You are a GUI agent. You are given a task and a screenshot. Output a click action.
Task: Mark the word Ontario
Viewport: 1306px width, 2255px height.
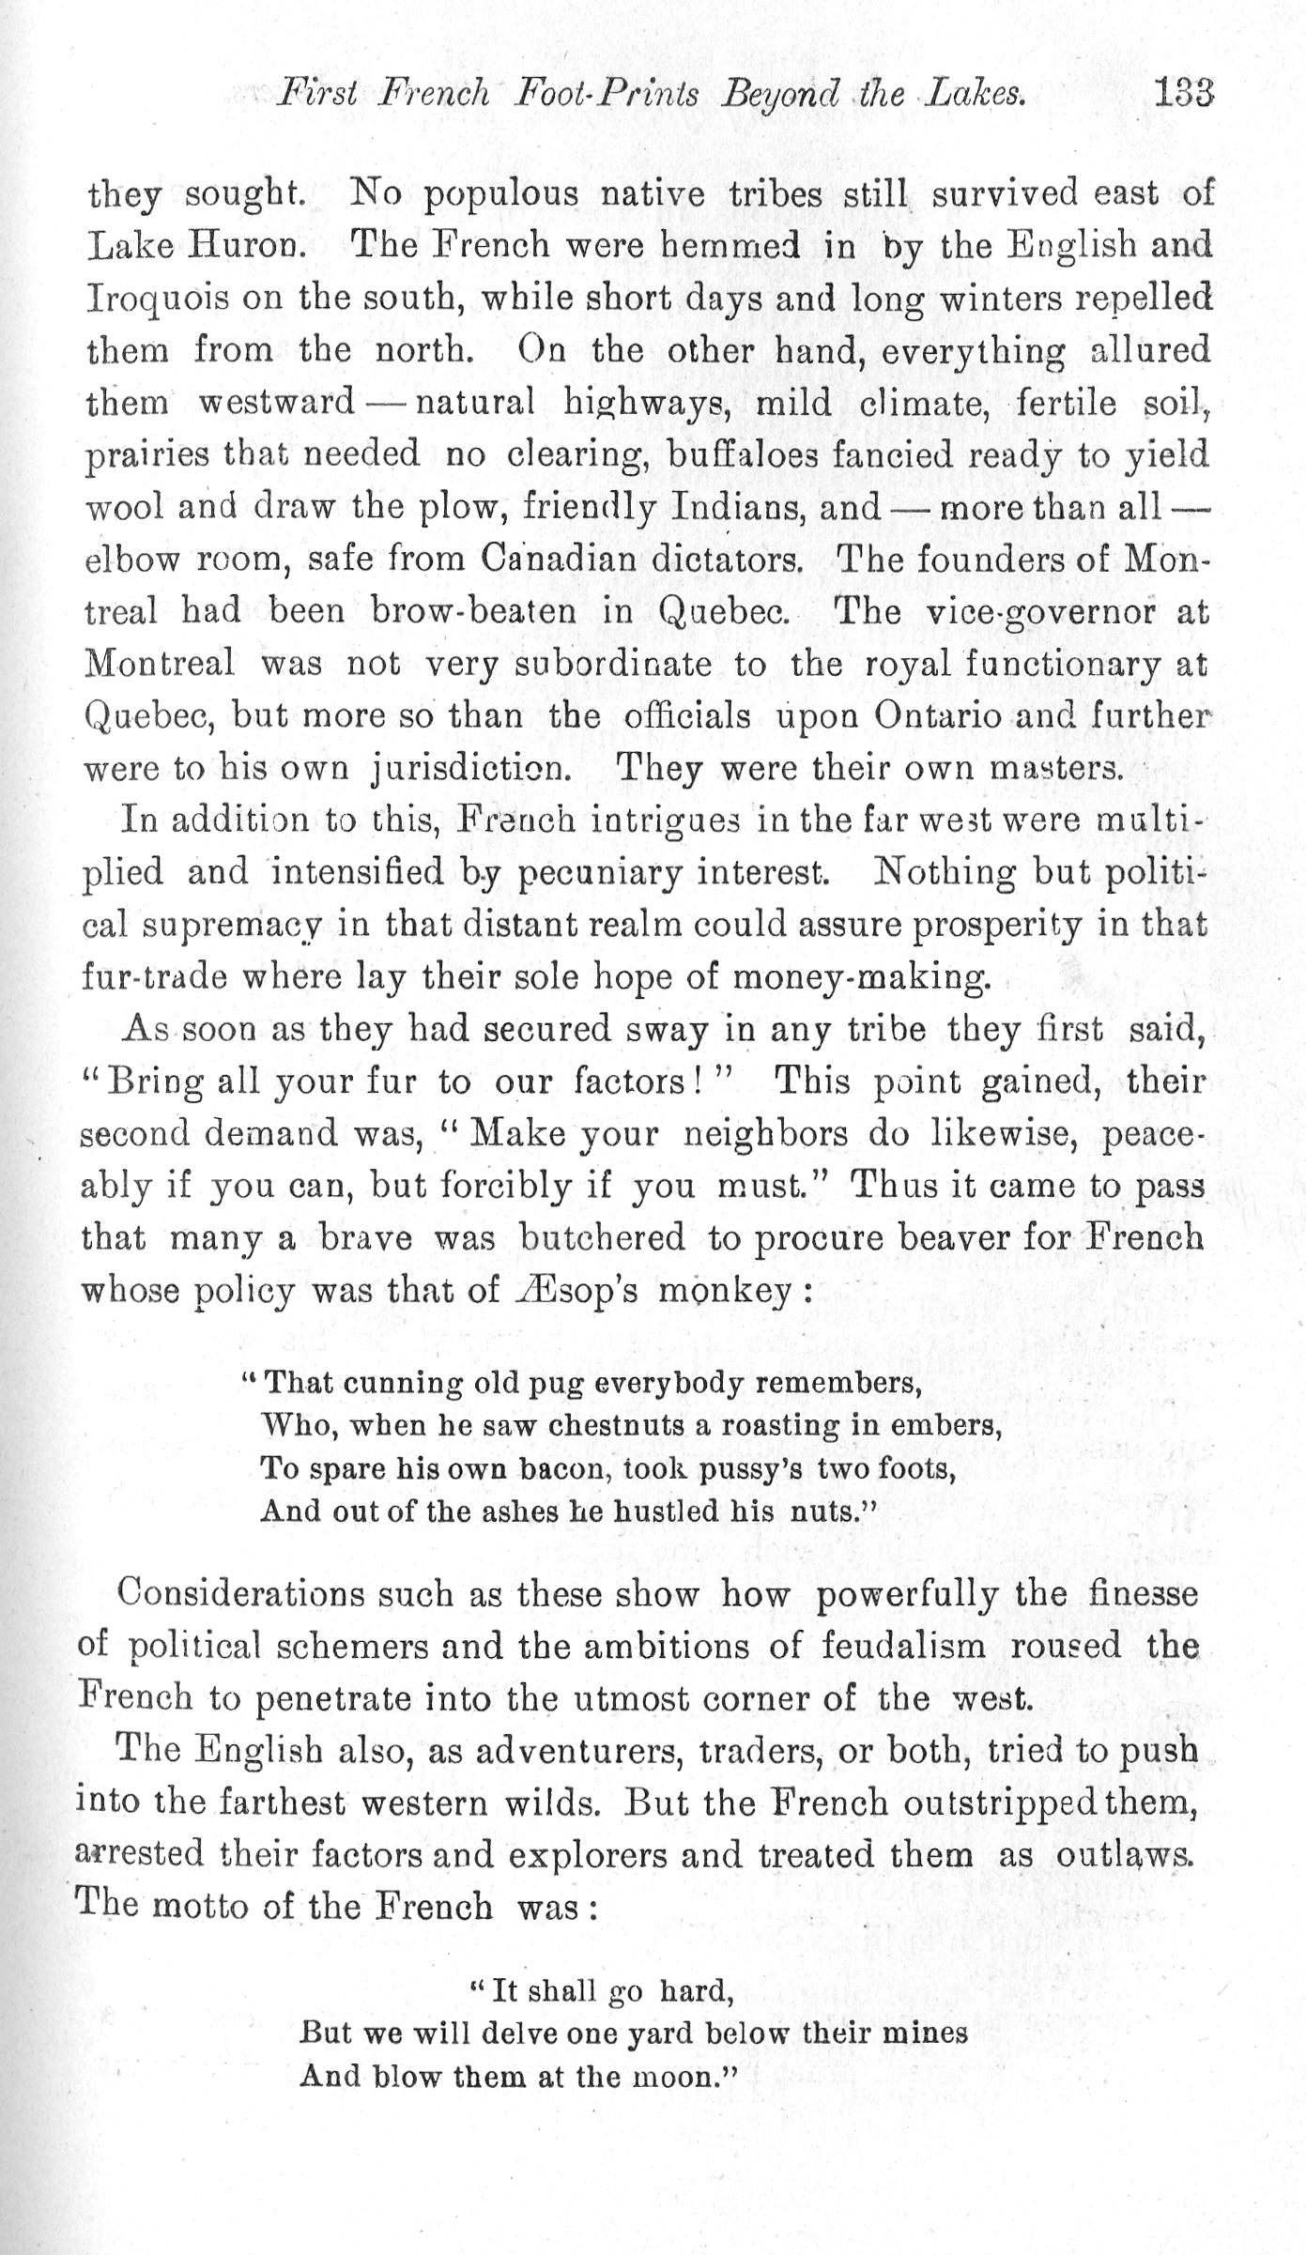(x=945, y=716)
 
